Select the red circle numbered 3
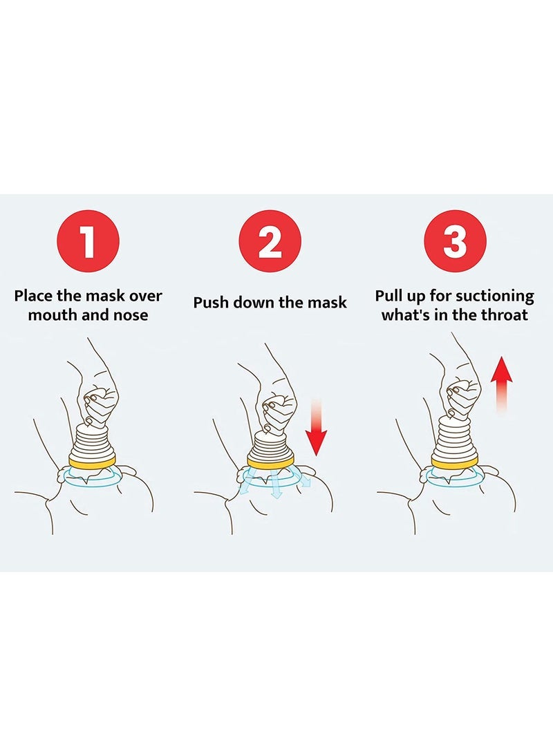[x=455, y=242]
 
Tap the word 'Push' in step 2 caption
[x=212, y=303]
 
